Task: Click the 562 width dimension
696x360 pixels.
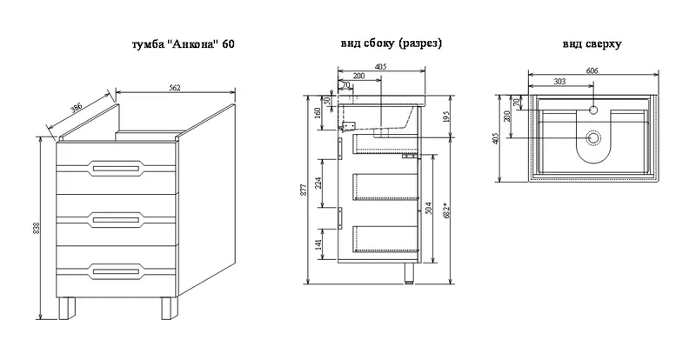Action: (176, 88)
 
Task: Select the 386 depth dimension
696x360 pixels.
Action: (77, 110)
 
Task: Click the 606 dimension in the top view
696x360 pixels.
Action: (592, 71)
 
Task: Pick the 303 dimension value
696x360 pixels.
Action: (560, 81)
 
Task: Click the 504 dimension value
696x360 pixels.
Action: (428, 207)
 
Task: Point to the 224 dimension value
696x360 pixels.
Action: (318, 183)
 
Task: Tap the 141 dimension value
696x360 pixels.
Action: (318, 244)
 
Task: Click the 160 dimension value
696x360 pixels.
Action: (318, 113)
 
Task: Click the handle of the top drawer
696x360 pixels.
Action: (116, 168)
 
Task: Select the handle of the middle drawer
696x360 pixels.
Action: (116, 219)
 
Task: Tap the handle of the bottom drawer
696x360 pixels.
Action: (116, 270)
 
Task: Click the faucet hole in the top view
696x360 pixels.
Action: (593, 110)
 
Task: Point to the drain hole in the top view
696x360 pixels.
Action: (593, 138)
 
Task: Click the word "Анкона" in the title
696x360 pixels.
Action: (194, 45)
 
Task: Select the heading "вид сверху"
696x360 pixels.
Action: (592, 44)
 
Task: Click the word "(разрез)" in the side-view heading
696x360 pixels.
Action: (420, 43)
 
